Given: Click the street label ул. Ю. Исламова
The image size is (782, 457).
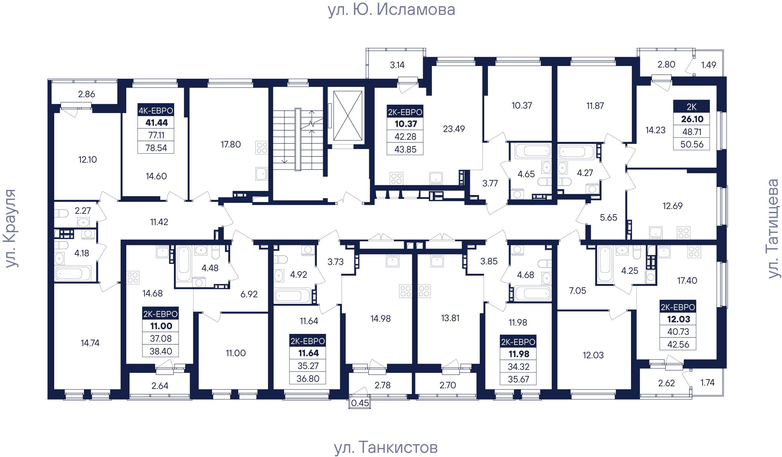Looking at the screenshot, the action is [x=391, y=10].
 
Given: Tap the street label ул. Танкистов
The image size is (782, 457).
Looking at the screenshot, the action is [x=386, y=447].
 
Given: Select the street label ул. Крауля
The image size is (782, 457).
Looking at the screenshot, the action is [x=10, y=228].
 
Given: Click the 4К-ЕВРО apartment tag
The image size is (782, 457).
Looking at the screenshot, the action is [x=156, y=110].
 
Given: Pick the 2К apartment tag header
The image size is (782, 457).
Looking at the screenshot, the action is [x=691, y=107].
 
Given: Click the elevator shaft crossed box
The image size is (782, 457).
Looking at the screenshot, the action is [x=347, y=116].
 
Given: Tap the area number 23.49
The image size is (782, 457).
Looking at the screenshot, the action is [x=454, y=129].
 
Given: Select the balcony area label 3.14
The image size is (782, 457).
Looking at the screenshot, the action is [x=397, y=65].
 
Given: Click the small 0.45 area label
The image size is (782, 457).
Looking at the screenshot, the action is [x=360, y=403].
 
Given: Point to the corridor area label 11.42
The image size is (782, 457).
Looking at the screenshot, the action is [x=159, y=222].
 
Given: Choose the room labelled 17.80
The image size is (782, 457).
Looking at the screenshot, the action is [x=230, y=145].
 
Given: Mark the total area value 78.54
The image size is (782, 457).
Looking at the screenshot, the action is [x=156, y=148].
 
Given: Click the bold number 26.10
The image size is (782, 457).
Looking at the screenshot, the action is [x=692, y=119].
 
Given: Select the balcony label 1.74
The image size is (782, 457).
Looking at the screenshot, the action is [x=708, y=383].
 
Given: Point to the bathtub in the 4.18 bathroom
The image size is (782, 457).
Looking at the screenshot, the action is [x=73, y=273].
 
